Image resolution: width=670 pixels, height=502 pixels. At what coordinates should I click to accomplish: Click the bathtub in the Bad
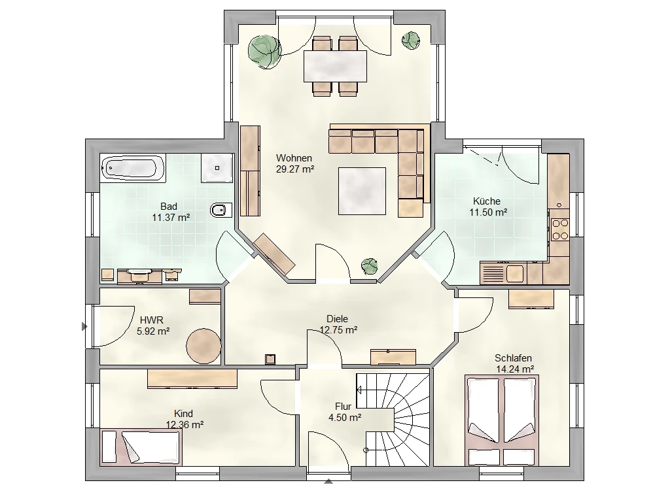tap(132, 168)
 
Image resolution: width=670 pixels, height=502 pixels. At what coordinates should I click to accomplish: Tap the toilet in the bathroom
tap(221, 210)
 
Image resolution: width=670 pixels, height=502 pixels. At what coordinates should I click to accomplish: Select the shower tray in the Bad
tap(217, 168)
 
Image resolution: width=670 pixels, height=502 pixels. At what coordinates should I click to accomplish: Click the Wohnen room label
tap(294, 158)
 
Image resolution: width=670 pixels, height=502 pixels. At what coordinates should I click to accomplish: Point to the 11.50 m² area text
tap(488, 212)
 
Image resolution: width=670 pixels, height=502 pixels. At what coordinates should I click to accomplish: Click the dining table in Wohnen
tap(336, 66)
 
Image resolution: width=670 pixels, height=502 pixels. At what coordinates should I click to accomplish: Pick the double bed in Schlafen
tap(502, 420)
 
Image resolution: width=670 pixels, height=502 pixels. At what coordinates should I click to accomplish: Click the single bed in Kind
tap(141, 447)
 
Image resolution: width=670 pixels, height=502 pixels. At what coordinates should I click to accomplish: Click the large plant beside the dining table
tap(264, 51)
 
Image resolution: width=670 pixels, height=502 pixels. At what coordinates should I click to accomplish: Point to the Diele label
tap(337, 318)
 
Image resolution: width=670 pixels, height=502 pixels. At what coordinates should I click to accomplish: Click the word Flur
tap(343, 407)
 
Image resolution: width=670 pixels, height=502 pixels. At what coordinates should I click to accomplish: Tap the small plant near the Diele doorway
tap(369, 267)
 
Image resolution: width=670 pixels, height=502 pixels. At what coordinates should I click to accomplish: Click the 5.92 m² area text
tap(153, 331)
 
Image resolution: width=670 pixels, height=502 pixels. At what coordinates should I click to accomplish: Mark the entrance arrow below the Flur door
tap(328, 481)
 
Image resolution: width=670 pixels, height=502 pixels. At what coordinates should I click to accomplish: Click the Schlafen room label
tap(513, 358)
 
